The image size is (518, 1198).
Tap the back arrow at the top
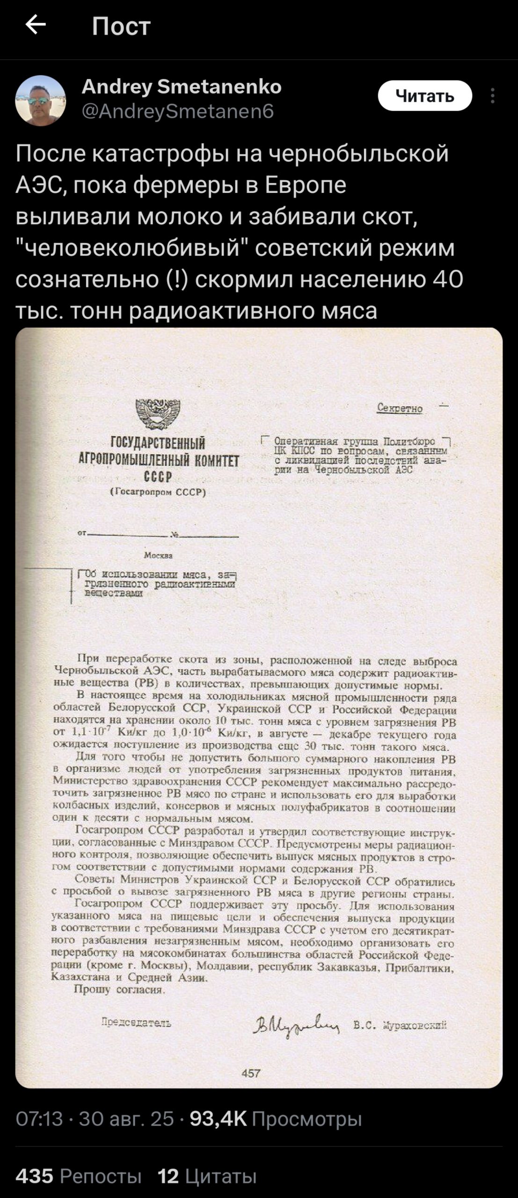pos(36,25)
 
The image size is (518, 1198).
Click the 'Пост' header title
pos(121,26)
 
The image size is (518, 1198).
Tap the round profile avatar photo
pos(41,101)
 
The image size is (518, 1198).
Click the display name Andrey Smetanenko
pos(182,87)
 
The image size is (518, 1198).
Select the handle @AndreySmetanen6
pos(178,111)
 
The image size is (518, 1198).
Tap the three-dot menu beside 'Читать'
pos(492,96)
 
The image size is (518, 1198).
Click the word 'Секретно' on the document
pos(400,409)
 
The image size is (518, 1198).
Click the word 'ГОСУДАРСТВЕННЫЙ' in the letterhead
pos(158,443)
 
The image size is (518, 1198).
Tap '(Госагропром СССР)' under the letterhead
pos(158,492)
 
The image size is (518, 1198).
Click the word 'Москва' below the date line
pos(158,555)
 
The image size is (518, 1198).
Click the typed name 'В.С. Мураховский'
pos(400,1025)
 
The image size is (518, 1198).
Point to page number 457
pos(251,1074)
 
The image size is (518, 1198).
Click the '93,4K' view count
pos(218,1118)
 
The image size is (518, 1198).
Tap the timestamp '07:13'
pos(39,1118)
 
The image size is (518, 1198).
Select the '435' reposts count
pos(34,1176)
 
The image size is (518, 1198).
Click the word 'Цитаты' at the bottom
pos(221,1176)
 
